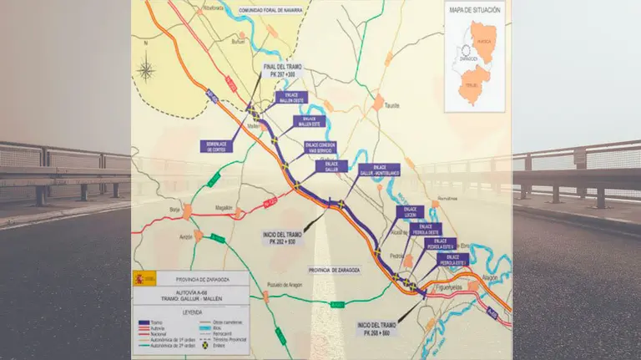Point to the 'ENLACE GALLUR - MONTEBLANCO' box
click(x=378, y=170)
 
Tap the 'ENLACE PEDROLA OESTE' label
click(x=426, y=230)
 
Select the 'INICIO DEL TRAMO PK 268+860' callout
click(x=375, y=327)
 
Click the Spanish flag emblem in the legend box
click(x=142, y=278)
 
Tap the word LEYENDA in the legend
click(x=191, y=304)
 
